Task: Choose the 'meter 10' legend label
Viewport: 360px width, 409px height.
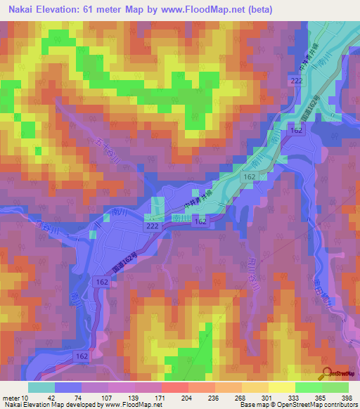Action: (x=15, y=397)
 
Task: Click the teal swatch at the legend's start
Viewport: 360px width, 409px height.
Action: (x=41, y=387)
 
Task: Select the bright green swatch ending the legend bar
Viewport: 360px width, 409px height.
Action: (x=337, y=387)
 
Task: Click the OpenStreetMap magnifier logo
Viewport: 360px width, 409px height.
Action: (x=326, y=373)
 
